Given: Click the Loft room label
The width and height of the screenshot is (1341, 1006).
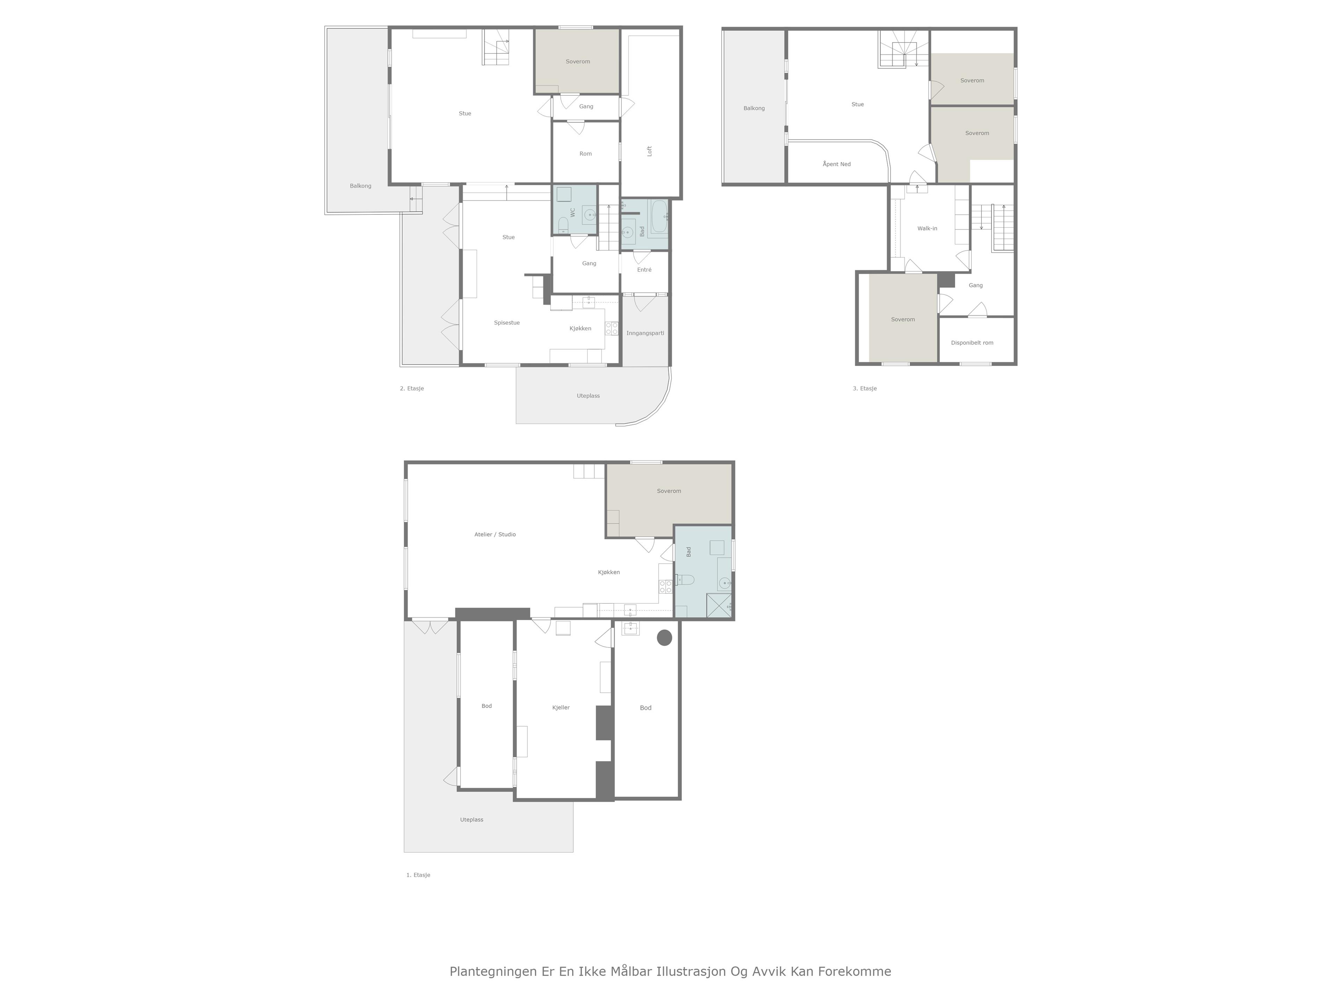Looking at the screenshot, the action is pos(649,151).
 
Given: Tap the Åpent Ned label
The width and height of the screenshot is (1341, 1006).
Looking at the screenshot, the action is pos(837,164).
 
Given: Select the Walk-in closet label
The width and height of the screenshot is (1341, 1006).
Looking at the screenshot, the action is pos(927,228).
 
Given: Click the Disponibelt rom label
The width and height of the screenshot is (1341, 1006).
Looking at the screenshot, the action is pos(972,343).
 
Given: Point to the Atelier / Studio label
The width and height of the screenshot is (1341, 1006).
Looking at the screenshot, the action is pos(495,534).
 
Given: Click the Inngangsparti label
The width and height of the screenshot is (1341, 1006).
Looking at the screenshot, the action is pos(645,333).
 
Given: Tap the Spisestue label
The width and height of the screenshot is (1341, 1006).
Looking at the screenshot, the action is pos(507,323).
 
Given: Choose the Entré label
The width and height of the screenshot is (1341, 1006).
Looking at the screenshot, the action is pos(644,270).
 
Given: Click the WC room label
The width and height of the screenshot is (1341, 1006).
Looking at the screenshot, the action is pos(572,212).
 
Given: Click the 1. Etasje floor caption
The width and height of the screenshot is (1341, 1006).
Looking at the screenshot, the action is pos(418,875).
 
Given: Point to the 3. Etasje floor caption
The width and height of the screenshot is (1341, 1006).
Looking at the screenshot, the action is pos(865,388).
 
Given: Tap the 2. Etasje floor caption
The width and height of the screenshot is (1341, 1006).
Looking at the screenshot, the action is pos(412,388).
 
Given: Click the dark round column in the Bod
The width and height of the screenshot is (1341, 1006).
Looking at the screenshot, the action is pos(665,637).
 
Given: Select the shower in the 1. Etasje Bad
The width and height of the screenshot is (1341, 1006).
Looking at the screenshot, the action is pos(719,606).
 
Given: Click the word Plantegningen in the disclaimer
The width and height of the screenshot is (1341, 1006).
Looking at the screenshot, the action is pos(493,971).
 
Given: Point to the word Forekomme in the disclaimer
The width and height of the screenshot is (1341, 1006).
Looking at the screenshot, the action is pos(855,971).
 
